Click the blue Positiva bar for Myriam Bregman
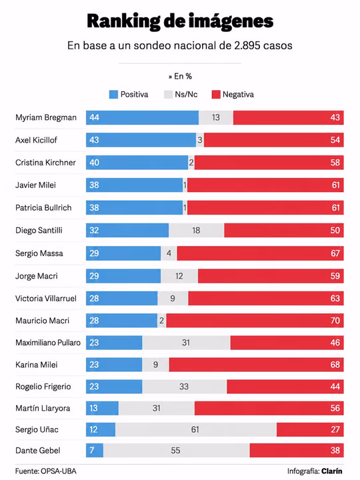[x=142, y=117]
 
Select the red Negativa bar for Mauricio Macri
[x=255, y=321]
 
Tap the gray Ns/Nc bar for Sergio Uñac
[x=196, y=429]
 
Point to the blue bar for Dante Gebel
[x=95, y=450]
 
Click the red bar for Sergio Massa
[x=260, y=253]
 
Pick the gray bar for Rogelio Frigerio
[x=184, y=386]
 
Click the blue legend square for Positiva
[x=113, y=94]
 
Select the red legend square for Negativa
[x=216, y=94]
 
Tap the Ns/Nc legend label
[x=186, y=94]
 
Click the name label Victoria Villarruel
[x=46, y=299]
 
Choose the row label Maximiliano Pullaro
[x=48, y=343]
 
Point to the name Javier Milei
[x=35, y=185]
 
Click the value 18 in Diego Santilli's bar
[x=196, y=230]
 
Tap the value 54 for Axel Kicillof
[x=335, y=140]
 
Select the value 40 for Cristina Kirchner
[x=94, y=163]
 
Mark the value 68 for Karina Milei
[x=335, y=365]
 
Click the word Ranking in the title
[x=123, y=21]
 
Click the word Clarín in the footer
[x=332, y=471]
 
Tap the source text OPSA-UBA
[x=59, y=471]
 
